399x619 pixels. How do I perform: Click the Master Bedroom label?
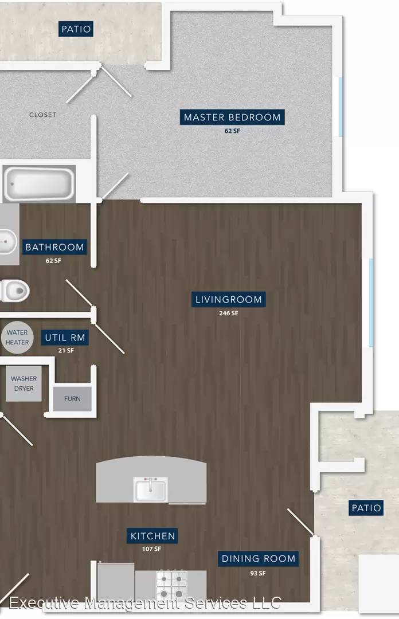tap(232, 117)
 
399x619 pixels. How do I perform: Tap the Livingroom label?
tap(228, 299)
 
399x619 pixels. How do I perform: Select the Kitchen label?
tap(152, 536)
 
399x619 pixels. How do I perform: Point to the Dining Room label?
tap(259, 559)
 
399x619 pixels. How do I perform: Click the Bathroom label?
tap(54, 247)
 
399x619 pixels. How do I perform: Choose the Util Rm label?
tap(65, 338)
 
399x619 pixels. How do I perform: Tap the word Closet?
tap(42, 115)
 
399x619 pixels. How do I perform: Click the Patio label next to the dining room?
tap(366, 508)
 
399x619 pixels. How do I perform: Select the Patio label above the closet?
tap(76, 29)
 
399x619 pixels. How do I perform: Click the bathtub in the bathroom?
tap(39, 184)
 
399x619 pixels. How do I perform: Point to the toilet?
tap(14, 291)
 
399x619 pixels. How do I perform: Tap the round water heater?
tap(17, 338)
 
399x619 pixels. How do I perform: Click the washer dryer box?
tap(24, 383)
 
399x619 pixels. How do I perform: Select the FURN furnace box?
tap(72, 399)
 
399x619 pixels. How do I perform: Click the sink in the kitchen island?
tap(151, 489)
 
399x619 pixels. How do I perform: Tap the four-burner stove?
tap(171, 585)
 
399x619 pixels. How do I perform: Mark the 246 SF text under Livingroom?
tap(229, 313)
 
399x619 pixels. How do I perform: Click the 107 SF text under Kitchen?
tap(152, 549)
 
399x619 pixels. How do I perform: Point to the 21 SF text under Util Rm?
tap(66, 350)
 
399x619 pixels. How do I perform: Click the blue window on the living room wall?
tap(371, 303)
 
